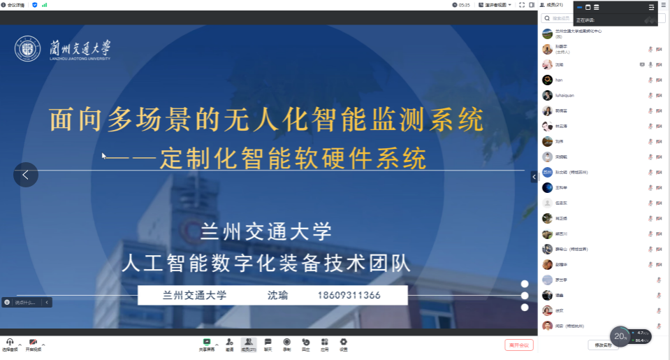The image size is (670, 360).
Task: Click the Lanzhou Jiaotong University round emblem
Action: pos(28,50)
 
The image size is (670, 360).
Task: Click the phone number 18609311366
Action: pos(349,295)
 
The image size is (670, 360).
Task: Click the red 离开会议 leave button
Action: pos(519,345)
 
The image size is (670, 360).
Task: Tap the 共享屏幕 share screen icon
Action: pos(207,342)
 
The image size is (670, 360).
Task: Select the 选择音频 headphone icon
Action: pos(10,342)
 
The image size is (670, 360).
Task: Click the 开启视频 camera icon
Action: pos(33,342)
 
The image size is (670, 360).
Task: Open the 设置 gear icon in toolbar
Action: pos(343,342)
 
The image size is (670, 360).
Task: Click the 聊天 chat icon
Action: pos(268,342)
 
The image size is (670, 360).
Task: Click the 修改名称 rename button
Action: pos(602,345)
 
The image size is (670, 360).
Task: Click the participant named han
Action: pos(559,80)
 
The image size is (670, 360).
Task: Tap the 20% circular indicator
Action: pos(620,336)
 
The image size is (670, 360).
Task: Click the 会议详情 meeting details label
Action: pos(16,5)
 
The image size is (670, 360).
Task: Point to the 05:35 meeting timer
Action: pos(464,5)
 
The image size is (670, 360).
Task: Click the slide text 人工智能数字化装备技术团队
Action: pos(266,264)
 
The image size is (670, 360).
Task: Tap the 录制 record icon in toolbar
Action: pos(286,342)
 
